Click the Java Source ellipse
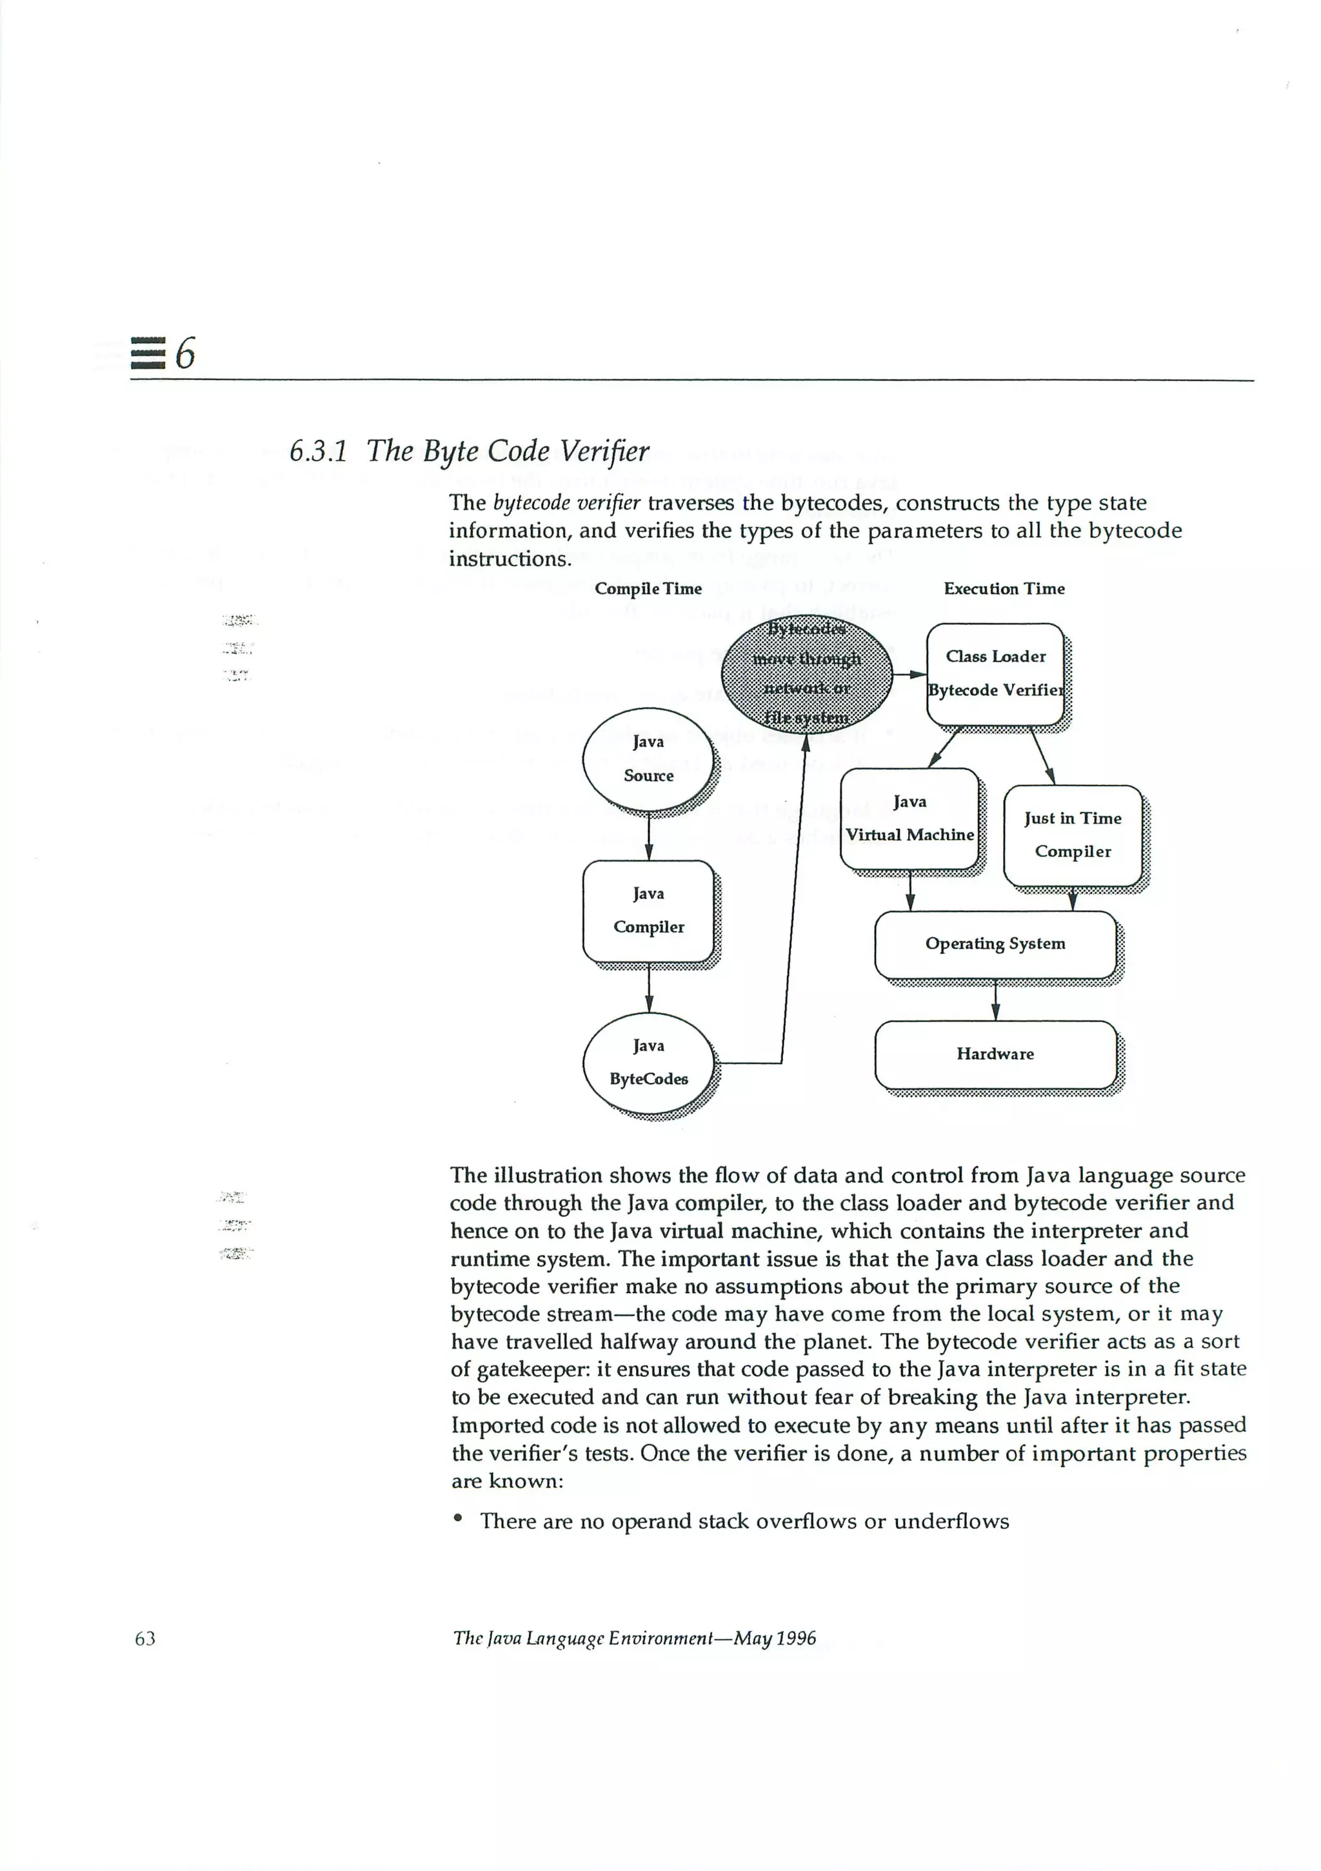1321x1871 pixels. pos(648,758)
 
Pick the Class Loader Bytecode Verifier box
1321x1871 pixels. pos(995,674)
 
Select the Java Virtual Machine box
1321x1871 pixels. pos(909,818)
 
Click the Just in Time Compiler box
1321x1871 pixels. pos(1073,835)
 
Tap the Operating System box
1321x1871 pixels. pos(995,944)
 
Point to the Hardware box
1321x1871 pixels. pos(995,1054)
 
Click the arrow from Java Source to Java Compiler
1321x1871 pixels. pos(649,835)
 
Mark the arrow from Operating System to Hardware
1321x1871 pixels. pos(995,1000)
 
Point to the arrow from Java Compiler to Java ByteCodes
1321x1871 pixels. pos(649,987)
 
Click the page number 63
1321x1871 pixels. pos(145,1638)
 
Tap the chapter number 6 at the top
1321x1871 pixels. pos(186,353)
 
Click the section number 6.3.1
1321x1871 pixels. pos(318,451)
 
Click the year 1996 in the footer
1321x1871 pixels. pos(795,1638)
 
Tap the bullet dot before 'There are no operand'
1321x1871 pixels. pos(459,1518)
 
